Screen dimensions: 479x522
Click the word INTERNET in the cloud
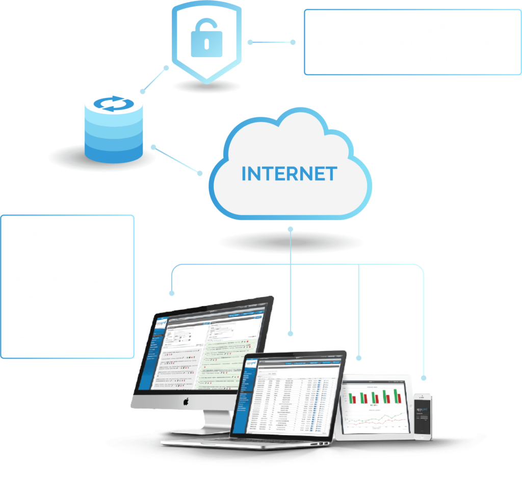coord(289,173)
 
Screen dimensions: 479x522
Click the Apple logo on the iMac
coord(186,402)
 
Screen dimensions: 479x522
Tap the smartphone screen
coord(423,415)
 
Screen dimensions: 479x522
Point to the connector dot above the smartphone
coord(423,378)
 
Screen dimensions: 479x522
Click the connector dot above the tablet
coord(359,358)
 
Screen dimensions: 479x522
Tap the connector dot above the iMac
coord(172,294)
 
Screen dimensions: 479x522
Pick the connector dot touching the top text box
coord(293,42)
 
